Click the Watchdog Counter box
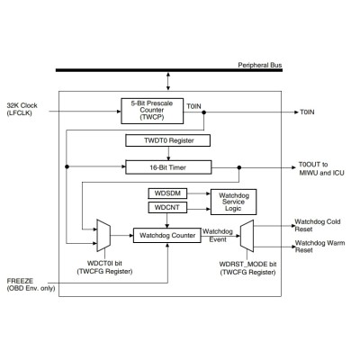click(x=167, y=236)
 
